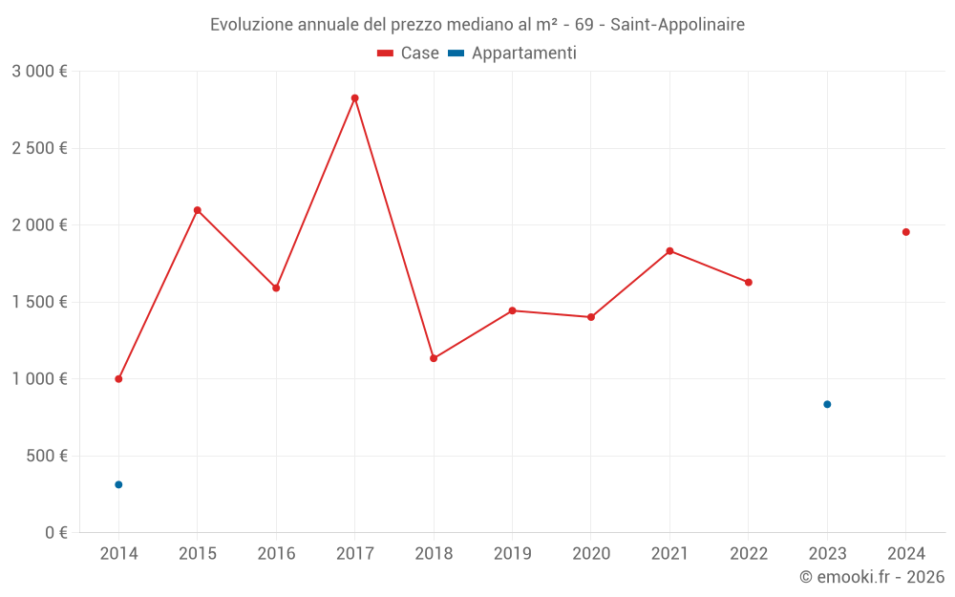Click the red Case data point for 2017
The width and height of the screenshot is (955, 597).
(354, 98)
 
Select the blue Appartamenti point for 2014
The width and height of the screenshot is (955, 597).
(118, 484)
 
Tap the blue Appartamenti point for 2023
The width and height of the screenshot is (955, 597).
(827, 404)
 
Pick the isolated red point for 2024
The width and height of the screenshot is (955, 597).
(905, 232)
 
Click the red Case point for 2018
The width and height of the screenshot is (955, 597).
(434, 358)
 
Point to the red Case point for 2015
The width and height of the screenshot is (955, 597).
(198, 210)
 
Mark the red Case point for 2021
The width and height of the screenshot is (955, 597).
(669, 251)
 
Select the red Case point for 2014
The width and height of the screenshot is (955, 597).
(118, 379)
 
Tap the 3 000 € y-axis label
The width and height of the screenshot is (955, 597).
(39, 72)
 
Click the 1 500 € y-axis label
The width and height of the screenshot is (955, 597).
(39, 302)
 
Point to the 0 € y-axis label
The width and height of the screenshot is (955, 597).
(53, 532)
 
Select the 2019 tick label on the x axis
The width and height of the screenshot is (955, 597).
(512, 554)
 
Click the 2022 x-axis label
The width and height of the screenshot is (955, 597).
(748, 554)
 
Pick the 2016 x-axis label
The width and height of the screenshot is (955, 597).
(276, 554)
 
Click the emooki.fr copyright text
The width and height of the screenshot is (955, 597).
(872, 577)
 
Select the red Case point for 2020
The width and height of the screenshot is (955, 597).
(591, 317)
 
